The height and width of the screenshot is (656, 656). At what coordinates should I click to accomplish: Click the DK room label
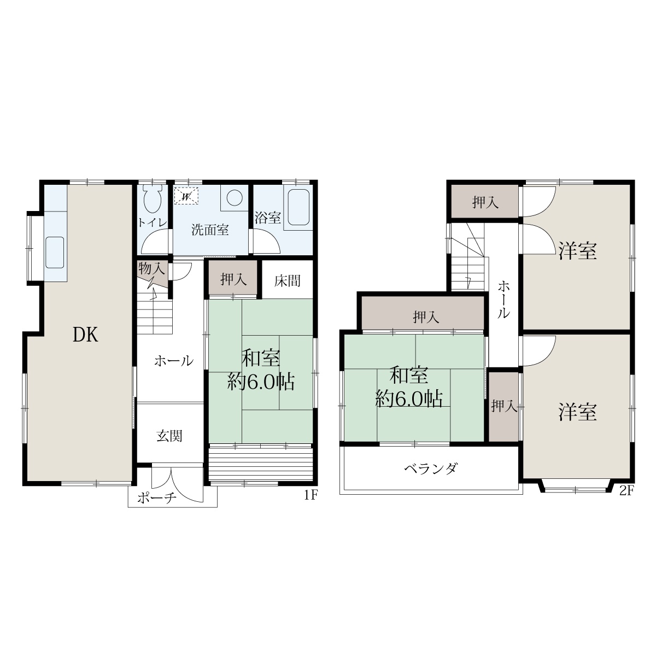pyautogui.click(x=85, y=335)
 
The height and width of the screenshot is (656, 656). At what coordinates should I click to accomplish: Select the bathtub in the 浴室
pyautogui.click(x=298, y=207)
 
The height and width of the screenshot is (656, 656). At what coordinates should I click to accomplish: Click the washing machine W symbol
pyautogui.click(x=186, y=196)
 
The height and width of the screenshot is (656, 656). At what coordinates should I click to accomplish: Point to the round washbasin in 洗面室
pyautogui.click(x=234, y=197)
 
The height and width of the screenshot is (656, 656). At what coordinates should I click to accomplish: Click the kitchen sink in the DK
pyautogui.click(x=55, y=253)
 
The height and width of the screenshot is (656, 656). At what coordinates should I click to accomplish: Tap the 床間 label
pyautogui.click(x=288, y=281)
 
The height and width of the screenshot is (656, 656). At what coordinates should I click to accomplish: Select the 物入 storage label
pyautogui.click(x=152, y=269)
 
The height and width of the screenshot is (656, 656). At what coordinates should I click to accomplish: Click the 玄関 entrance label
pyautogui.click(x=169, y=436)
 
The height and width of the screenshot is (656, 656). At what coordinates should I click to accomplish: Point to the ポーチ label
pyautogui.click(x=157, y=498)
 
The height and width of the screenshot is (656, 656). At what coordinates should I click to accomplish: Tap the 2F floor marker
pyautogui.click(x=626, y=490)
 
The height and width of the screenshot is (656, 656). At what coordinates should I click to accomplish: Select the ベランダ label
pyautogui.click(x=431, y=468)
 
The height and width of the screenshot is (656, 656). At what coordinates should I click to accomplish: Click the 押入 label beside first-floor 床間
pyautogui.click(x=233, y=279)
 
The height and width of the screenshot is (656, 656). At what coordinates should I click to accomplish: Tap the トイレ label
pyautogui.click(x=153, y=223)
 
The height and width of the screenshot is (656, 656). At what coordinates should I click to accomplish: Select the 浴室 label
pyautogui.click(x=267, y=218)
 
